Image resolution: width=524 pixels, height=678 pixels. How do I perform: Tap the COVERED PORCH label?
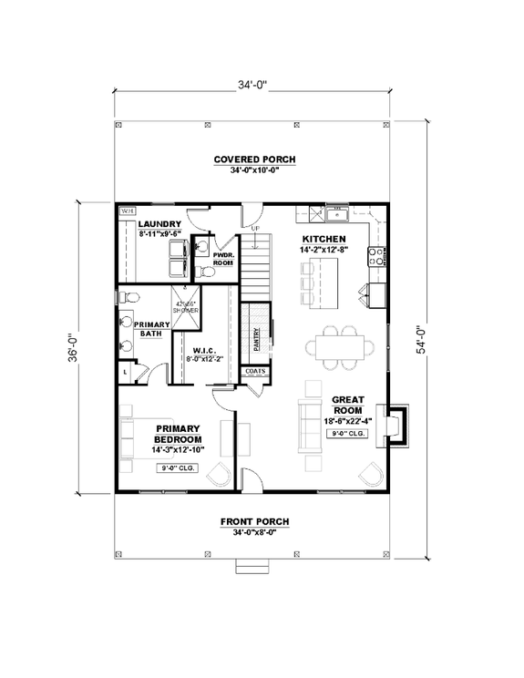[x=255, y=159]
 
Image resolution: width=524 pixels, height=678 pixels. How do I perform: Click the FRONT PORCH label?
[x=255, y=522]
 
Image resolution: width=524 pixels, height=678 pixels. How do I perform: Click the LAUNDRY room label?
[x=160, y=224]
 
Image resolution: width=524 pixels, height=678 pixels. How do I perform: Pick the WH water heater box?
[x=128, y=211]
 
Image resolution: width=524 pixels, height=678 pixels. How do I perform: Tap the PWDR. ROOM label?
[x=223, y=259]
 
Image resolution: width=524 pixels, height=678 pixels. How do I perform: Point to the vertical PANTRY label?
[x=258, y=338]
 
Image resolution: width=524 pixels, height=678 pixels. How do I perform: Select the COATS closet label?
[x=255, y=372]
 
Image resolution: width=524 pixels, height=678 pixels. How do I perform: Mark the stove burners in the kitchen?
[x=374, y=255]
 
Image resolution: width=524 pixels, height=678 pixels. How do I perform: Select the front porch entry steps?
[x=254, y=567]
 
